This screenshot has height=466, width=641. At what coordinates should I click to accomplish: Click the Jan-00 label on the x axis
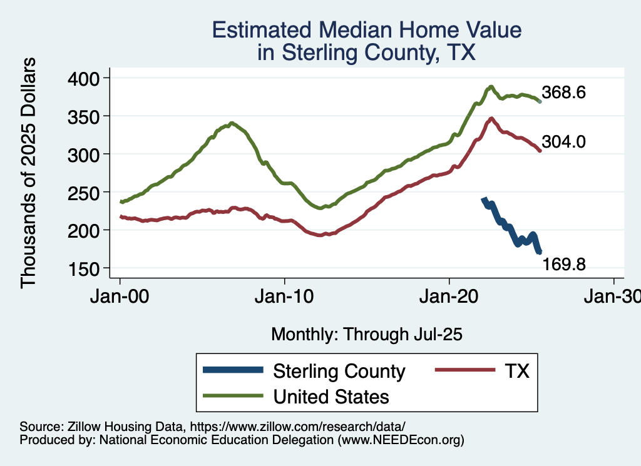point(120,296)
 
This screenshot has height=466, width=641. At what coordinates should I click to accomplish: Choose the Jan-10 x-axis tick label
point(285,296)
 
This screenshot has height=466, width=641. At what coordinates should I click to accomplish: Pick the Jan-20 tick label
point(449,296)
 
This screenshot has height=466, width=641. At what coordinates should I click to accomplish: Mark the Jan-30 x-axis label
point(614,296)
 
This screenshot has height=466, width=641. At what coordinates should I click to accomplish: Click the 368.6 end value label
point(564,93)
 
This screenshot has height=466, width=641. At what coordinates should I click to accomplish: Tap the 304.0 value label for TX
point(564,143)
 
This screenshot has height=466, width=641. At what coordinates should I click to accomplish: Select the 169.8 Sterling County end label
point(564,265)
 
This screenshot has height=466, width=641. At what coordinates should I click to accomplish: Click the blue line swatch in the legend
point(233,371)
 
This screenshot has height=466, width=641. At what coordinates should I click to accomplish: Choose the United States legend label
point(331,397)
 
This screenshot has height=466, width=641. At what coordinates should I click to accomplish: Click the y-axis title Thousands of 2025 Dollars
point(29,173)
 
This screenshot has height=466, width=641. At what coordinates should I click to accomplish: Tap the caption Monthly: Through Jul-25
point(366,335)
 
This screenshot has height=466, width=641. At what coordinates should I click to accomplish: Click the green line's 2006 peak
point(232,123)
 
